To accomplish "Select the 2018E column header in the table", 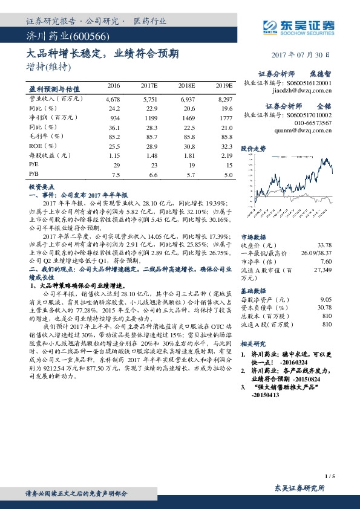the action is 188,87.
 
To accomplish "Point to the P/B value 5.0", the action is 228,175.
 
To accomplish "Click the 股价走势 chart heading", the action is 253,148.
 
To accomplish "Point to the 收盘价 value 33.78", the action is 324,245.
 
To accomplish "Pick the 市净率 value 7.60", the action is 326,261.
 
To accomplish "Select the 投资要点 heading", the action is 42,187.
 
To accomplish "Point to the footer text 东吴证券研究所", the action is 299,487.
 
